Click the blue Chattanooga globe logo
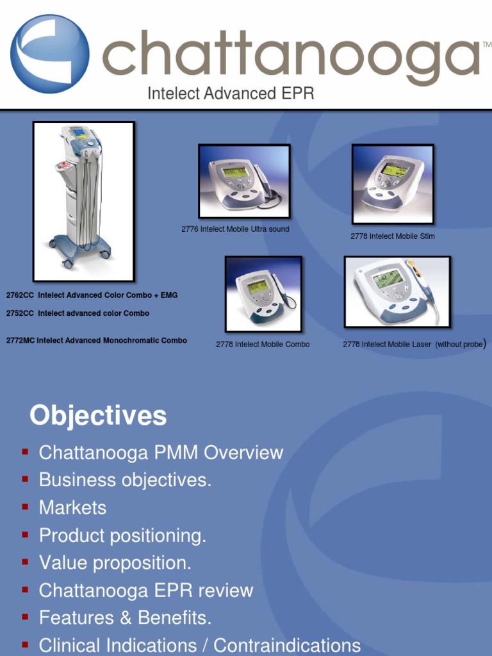tap(49, 54)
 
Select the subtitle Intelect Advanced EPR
tap(231, 94)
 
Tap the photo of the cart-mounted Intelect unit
tap(83, 201)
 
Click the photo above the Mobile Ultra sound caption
tap(244, 181)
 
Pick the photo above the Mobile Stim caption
tap(393, 184)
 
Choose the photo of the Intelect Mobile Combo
tap(263, 294)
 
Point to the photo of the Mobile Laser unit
tap(397, 291)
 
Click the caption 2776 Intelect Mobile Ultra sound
tap(235, 229)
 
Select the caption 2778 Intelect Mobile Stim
tap(392, 236)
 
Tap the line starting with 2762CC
tap(92, 295)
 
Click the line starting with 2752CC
tap(78, 313)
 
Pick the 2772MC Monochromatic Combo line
tap(96, 341)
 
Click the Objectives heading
tap(98, 416)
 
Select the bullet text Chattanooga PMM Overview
tap(161, 453)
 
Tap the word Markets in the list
tap(72, 508)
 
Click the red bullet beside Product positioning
tap(25, 535)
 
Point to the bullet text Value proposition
tap(115, 563)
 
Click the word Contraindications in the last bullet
tap(287, 646)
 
